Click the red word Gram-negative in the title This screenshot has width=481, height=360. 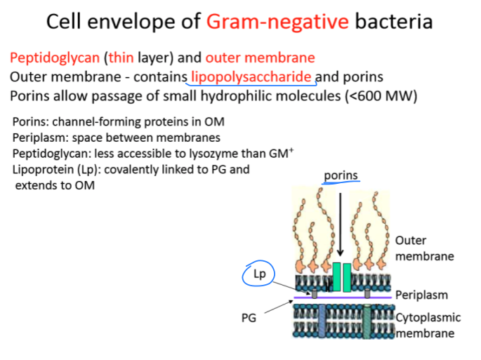point(277,22)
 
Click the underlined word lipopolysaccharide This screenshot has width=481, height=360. point(251,76)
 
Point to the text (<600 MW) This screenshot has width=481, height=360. point(382,95)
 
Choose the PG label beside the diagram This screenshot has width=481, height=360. point(249,318)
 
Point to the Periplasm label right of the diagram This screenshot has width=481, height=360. point(421,295)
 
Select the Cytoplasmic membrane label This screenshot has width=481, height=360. point(423,326)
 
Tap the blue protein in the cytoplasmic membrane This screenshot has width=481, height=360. point(322,319)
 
